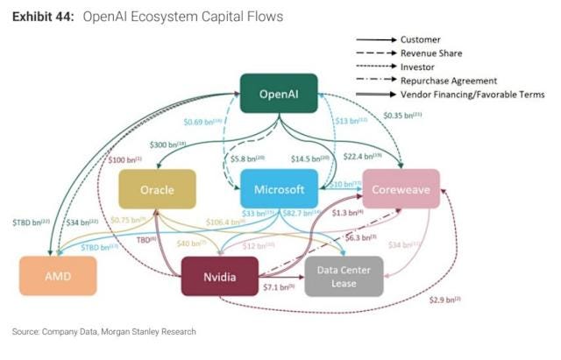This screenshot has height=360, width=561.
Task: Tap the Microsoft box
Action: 278,189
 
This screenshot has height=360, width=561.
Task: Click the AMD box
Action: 55,276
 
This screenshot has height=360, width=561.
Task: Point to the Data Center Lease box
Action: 342,277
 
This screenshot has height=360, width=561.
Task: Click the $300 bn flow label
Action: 168,144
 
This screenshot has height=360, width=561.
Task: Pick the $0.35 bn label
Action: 404,115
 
